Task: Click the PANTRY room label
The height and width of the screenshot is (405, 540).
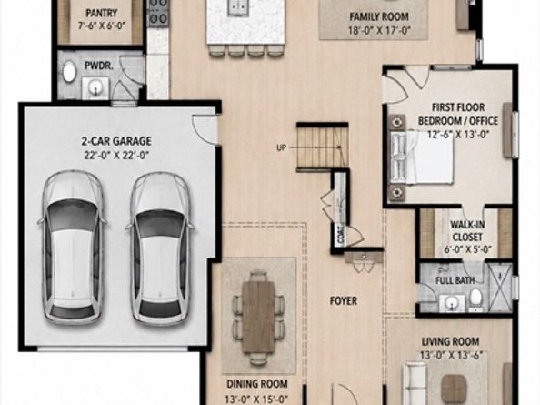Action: pos(101,14)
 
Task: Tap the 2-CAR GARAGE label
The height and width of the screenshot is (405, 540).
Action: pos(116,141)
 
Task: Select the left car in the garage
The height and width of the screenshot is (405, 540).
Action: pos(72,248)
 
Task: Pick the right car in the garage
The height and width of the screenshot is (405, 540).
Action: pos(160,248)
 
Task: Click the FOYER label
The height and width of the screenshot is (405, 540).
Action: pos(344,301)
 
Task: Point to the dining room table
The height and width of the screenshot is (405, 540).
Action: pos(258,316)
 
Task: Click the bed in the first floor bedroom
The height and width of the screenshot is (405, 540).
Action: pos(422,157)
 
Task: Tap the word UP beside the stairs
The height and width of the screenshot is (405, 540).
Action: pos(282,147)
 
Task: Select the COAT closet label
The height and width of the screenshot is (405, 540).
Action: pos(341,236)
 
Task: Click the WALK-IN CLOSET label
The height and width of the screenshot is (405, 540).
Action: pos(467,231)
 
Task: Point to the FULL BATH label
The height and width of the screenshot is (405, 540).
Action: pos(455,280)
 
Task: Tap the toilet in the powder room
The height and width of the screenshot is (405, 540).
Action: pos(69,71)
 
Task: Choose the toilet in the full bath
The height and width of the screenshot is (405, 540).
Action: pos(476,298)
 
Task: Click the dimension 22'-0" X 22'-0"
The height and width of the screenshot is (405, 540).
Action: pos(116,156)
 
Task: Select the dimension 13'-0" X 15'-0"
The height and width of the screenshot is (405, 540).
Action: pos(256,400)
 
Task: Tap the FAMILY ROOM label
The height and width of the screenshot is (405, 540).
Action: pos(379,16)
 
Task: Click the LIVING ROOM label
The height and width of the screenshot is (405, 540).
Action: pos(451,341)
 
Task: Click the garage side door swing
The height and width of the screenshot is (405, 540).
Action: pos(205,129)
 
